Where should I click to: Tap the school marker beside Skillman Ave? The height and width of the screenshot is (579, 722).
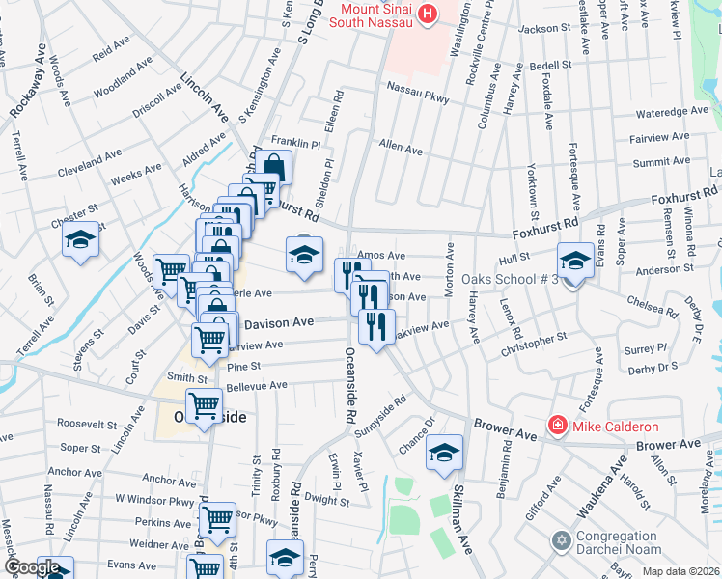444,453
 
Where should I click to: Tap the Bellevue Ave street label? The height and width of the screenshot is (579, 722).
257,385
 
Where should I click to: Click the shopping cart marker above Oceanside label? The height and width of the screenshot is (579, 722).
204,406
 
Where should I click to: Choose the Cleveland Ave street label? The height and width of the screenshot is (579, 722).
89,159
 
